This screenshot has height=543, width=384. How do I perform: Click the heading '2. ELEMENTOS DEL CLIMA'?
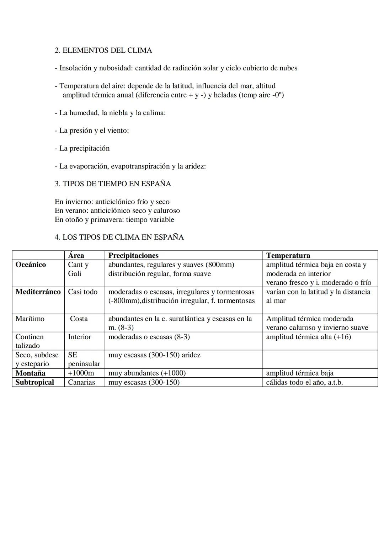(x=103, y=50)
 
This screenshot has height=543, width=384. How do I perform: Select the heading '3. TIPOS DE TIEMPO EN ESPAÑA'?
(x=113, y=184)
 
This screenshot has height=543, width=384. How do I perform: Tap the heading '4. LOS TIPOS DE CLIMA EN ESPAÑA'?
(x=119, y=237)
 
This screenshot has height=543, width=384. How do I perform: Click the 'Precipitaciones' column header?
(x=133, y=255)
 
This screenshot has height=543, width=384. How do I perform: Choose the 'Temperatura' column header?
(x=288, y=255)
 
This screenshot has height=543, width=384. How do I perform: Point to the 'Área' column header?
(x=76, y=255)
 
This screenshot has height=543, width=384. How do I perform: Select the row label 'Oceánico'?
(x=31, y=265)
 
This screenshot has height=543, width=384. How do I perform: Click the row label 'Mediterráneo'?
(x=38, y=292)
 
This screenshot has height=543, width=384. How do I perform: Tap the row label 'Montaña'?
(x=30, y=373)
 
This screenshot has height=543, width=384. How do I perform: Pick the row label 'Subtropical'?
(x=34, y=382)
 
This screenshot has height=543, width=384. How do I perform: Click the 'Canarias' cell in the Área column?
(x=81, y=382)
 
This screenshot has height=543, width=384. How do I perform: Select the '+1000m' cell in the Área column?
(x=81, y=373)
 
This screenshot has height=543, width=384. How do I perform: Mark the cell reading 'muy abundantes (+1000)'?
(x=147, y=373)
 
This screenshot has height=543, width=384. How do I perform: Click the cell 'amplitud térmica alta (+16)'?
(x=308, y=337)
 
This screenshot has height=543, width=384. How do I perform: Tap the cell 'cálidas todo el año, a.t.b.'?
(x=304, y=382)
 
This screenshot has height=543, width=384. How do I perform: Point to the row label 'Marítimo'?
(x=30, y=319)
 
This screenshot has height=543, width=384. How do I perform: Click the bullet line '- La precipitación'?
(x=82, y=148)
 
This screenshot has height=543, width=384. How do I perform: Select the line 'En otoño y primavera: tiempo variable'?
(x=114, y=219)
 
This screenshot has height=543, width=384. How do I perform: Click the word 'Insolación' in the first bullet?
(x=75, y=68)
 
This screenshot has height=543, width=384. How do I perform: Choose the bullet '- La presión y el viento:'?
(x=92, y=131)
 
